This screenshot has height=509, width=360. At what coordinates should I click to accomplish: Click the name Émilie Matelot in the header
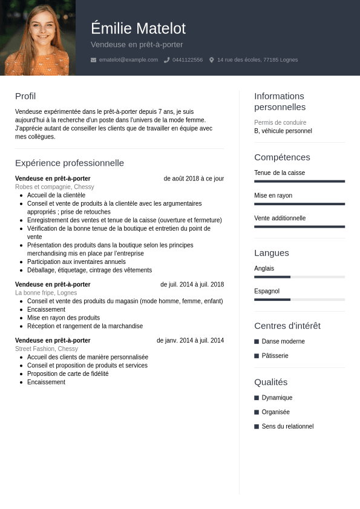click(x=138, y=28)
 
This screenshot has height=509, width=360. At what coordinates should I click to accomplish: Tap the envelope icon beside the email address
click(x=93, y=60)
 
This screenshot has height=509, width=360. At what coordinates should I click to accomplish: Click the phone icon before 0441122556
click(x=166, y=60)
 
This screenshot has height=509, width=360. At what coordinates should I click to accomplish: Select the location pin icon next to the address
click(x=212, y=60)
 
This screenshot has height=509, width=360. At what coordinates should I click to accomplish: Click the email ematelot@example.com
click(x=128, y=60)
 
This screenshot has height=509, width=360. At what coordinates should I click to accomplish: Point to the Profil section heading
click(x=25, y=96)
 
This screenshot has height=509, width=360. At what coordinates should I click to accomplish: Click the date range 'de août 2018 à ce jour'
click(x=194, y=179)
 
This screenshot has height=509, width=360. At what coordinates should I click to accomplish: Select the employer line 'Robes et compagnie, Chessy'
click(x=54, y=187)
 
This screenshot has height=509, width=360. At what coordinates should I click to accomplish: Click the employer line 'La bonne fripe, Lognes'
click(x=46, y=293)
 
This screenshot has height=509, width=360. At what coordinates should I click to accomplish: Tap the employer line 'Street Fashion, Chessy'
click(x=47, y=349)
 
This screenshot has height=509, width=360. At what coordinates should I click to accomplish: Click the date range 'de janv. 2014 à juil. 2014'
click(x=190, y=341)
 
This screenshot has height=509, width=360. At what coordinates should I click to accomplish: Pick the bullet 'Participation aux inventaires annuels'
click(x=76, y=262)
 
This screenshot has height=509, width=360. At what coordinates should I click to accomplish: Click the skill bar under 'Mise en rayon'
click(x=299, y=204)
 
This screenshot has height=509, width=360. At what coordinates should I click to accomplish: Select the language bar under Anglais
click(x=299, y=277)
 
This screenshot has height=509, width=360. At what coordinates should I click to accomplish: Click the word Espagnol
click(x=267, y=291)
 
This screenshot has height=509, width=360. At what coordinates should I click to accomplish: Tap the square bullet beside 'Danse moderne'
click(x=257, y=341)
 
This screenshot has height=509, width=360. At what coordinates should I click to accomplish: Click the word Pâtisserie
click(x=275, y=356)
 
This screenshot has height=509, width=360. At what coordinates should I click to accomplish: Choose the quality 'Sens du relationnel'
click(x=287, y=427)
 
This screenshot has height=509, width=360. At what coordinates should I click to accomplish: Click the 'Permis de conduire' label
click(x=280, y=122)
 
